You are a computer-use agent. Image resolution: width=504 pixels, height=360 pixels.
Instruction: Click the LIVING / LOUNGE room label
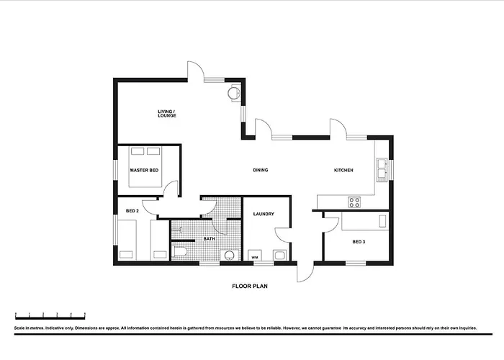tap(167, 114)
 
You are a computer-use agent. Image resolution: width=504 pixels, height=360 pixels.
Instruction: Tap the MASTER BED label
tap(144, 170)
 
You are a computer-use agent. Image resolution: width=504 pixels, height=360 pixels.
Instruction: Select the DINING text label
tap(261, 170)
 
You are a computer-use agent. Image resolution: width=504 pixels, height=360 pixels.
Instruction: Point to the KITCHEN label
tap(343, 170)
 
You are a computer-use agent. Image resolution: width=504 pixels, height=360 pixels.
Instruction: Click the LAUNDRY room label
tap(264, 214)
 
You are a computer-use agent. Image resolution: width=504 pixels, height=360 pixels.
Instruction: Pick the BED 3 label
tap(359, 242)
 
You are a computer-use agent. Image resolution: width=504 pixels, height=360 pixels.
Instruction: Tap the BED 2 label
tap(132, 211)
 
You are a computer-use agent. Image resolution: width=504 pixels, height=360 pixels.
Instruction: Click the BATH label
tap(210, 239)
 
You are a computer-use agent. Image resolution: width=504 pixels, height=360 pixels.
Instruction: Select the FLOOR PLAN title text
tap(250, 286)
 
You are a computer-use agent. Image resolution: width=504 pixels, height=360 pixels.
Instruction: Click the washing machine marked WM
tap(255, 255)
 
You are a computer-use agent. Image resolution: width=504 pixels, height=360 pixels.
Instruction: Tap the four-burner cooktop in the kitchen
tap(354, 202)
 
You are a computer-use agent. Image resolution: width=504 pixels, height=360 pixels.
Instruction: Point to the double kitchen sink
tap(382, 168)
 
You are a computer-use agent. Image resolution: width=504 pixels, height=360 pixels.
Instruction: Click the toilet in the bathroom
tap(180, 251)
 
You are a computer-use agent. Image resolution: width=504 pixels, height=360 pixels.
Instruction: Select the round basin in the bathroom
tap(229, 255)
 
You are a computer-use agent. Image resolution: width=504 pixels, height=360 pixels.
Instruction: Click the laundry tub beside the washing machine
tap(279, 255)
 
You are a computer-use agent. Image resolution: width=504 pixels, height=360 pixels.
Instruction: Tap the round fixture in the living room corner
tap(233, 93)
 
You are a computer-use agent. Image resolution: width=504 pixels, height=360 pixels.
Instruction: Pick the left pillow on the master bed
tap(138, 151)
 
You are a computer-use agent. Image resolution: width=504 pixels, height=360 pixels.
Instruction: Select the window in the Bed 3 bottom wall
tap(356, 264)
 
